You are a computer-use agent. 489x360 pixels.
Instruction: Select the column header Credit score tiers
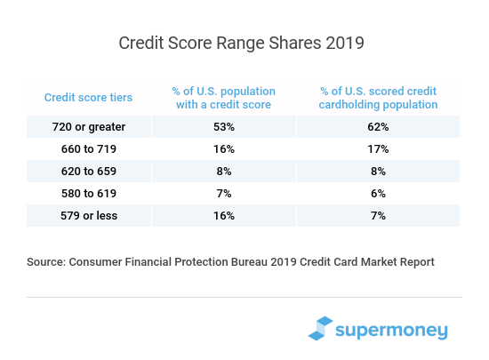89,97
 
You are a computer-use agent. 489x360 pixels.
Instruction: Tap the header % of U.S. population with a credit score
223,98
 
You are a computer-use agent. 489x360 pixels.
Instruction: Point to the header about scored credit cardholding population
379,98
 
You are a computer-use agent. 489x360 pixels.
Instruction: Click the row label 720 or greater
89,127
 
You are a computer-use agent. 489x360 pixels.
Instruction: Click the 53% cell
223,127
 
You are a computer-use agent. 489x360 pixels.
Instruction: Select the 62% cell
379,127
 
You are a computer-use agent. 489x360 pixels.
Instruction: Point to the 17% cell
379,148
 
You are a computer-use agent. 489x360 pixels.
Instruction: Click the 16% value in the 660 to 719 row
223,148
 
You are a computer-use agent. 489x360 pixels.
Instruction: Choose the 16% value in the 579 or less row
223,214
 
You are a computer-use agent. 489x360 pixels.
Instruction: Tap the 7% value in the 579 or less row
379,214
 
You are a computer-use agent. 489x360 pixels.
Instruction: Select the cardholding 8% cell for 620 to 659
379,170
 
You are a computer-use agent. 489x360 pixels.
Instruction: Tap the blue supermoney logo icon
321,328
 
